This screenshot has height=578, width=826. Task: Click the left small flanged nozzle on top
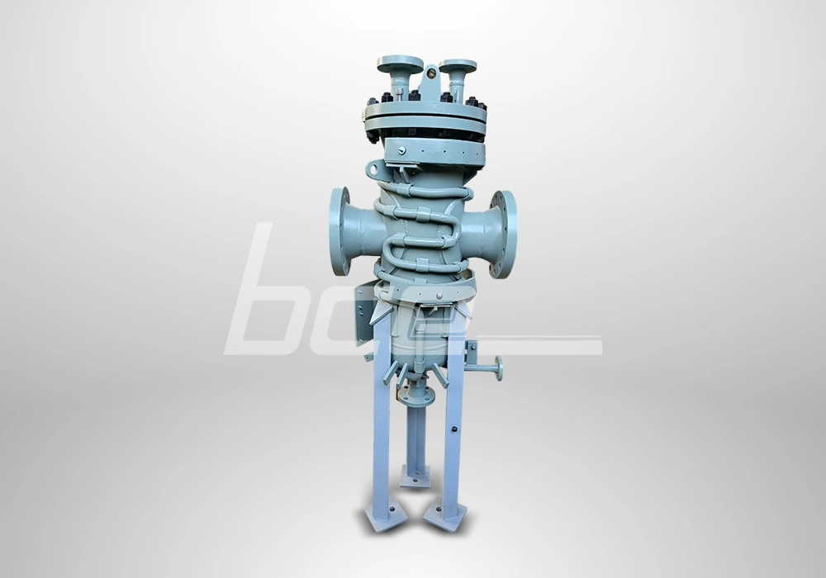[x=400, y=64]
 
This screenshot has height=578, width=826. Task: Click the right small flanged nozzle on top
[x=458, y=66]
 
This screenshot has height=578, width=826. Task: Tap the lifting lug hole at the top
[x=430, y=75]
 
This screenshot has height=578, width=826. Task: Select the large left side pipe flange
[x=339, y=231]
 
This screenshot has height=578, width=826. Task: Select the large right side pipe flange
[x=505, y=234]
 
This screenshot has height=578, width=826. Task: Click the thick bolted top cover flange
[x=425, y=119]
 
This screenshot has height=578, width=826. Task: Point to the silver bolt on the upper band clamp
[x=400, y=150]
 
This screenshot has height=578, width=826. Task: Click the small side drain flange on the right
[x=499, y=368]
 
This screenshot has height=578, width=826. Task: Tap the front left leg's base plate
[x=385, y=518]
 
